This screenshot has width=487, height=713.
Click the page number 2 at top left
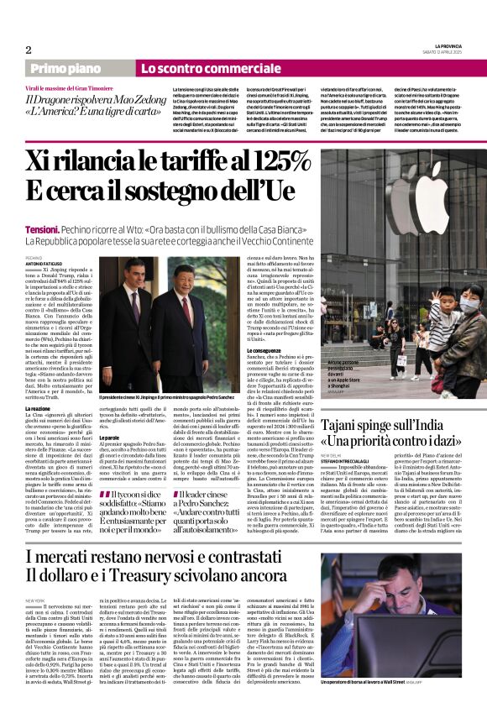click(29, 50)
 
